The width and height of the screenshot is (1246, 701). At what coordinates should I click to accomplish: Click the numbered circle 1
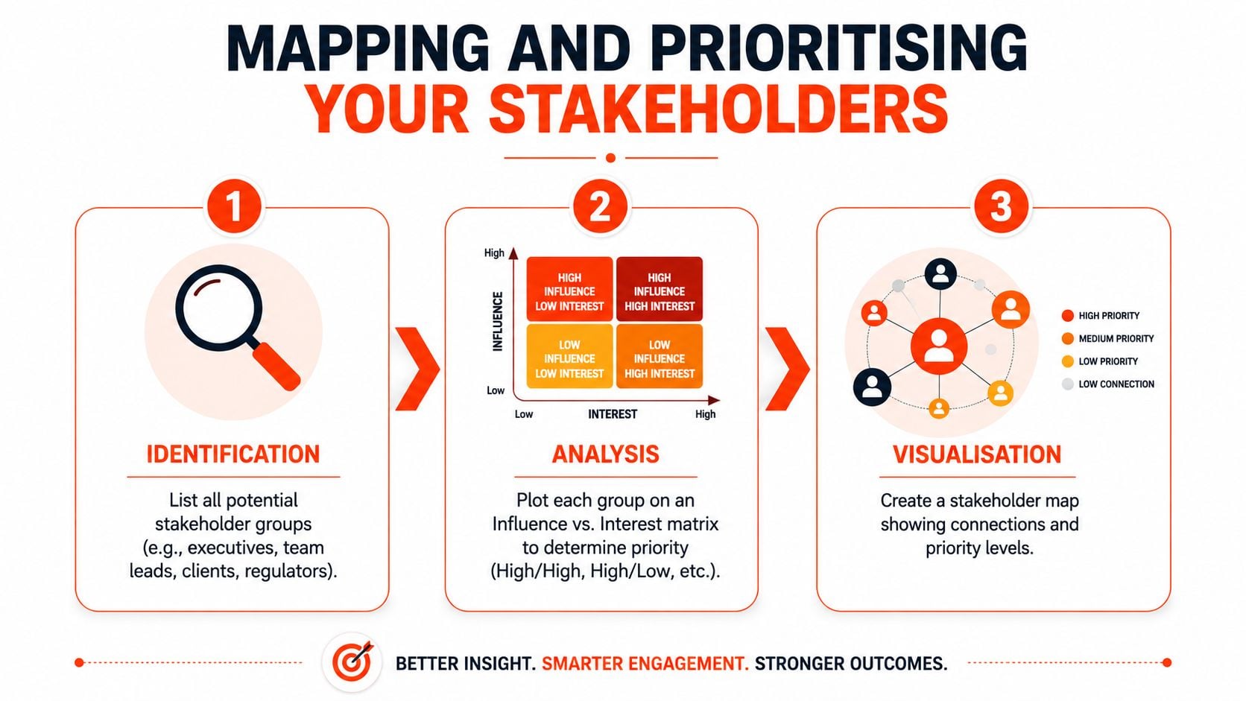pyautogui.click(x=234, y=206)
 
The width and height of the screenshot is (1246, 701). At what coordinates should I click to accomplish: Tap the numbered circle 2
pyautogui.click(x=601, y=206)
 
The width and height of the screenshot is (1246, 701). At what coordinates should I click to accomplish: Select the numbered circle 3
pyautogui.click(x=1002, y=206)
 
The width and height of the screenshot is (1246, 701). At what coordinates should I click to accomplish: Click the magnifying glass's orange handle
pyautogui.click(x=276, y=366)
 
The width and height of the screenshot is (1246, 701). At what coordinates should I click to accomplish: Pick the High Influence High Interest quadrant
pyautogui.click(x=660, y=289)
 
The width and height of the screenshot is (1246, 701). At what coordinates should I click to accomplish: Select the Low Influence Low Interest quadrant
pyautogui.click(x=569, y=356)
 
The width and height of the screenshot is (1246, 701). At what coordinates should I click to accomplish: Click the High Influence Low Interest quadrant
pyautogui.click(x=569, y=289)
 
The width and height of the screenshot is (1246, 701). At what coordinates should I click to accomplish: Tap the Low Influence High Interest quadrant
pyautogui.click(x=660, y=356)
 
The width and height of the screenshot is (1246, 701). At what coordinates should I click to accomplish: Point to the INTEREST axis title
pyautogui.click(x=613, y=414)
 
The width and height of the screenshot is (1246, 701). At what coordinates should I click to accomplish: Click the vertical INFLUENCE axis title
pyautogui.click(x=498, y=321)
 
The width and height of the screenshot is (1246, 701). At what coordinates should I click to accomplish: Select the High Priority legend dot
pyautogui.click(x=1067, y=316)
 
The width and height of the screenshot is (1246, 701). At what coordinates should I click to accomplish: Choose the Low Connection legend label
pyautogui.click(x=1116, y=384)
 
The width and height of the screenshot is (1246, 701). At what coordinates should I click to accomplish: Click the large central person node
pyautogui.click(x=939, y=346)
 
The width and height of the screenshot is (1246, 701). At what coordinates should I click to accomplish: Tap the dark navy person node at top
pyautogui.click(x=940, y=274)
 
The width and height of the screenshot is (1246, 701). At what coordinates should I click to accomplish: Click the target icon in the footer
pyautogui.click(x=352, y=662)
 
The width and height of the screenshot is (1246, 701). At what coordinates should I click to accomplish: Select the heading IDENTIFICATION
pyautogui.click(x=233, y=454)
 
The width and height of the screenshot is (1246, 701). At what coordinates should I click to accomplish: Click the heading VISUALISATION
pyautogui.click(x=977, y=454)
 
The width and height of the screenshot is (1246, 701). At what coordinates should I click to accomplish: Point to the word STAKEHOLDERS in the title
pyautogui.click(x=718, y=109)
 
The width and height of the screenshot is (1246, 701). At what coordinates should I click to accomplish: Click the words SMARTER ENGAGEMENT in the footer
pyautogui.click(x=645, y=663)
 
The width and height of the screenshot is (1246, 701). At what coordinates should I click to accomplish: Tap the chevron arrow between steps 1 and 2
pyautogui.click(x=418, y=369)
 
